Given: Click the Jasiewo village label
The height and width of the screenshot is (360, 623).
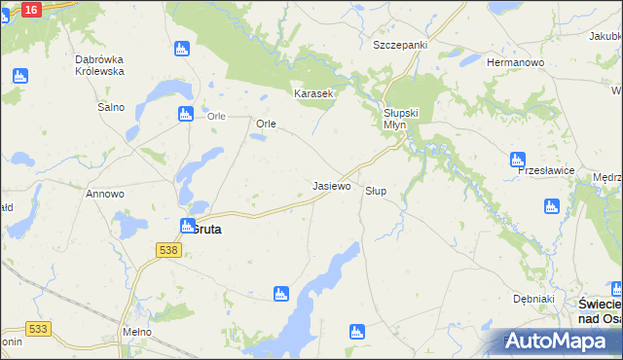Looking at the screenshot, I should tap(331, 185).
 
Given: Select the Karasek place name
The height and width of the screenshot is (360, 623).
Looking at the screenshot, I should tap(314, 94).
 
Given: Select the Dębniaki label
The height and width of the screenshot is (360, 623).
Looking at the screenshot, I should tap(533, 299).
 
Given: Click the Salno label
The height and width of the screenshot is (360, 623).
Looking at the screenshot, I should tap(110, 107).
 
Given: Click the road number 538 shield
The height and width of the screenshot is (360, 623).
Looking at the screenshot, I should tap(167, 250).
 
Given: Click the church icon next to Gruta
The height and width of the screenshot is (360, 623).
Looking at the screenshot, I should tap(187, 226).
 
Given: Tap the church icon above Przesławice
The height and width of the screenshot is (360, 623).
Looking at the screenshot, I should tap(517, 160).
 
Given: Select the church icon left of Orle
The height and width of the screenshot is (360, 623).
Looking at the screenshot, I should tap(186, 115).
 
